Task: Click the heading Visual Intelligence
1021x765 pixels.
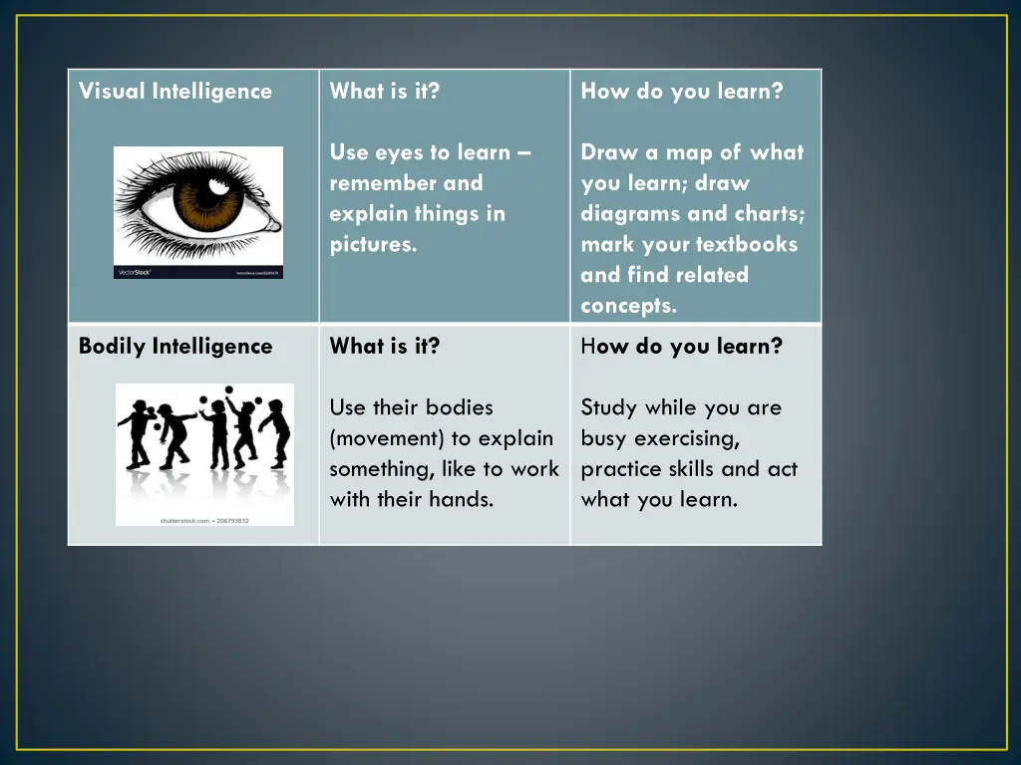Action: tap(174, 92)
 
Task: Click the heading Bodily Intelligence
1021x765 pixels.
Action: tap(174, 347)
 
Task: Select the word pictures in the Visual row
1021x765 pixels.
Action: tap(373, 245)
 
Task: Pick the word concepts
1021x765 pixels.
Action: tap(628, 307)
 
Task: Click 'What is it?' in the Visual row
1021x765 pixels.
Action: tap(384, 92)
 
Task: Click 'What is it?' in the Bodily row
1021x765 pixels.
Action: tap(384, 347)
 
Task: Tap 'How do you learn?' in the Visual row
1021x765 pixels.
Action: tap(682, 92)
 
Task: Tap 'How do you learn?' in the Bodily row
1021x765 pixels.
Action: tap(682, 347)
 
